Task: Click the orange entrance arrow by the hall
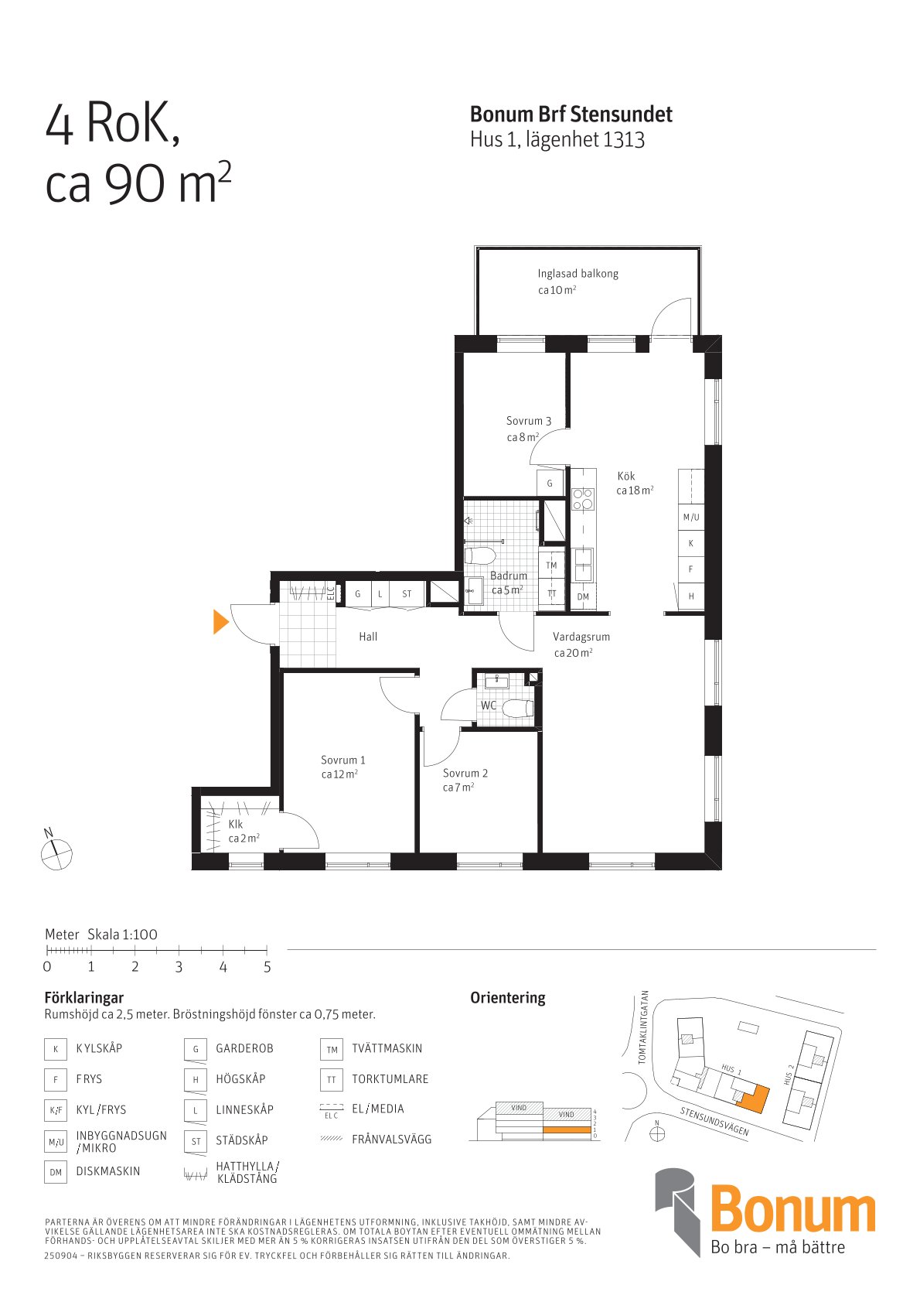point(220,621)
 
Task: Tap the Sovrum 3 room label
point(529,421)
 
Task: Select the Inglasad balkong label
point(578,274)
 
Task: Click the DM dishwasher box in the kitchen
point(583,596)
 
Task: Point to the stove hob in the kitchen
point(583,499)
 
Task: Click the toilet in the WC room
point(516,709)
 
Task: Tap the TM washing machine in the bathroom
point(551,565)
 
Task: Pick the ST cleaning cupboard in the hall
point(407,593)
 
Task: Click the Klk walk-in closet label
point(235,824)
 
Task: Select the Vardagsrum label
point(581,637)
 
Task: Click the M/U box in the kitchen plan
point(691,517)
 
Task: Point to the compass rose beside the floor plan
point(56,854)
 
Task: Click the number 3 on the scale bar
point(179,966)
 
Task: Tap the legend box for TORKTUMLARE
point(331,1079)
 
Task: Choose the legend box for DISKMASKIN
point(56,1172)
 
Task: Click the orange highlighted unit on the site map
point(753,1098)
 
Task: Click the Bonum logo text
point(792,1211)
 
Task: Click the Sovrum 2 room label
point(465,773)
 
